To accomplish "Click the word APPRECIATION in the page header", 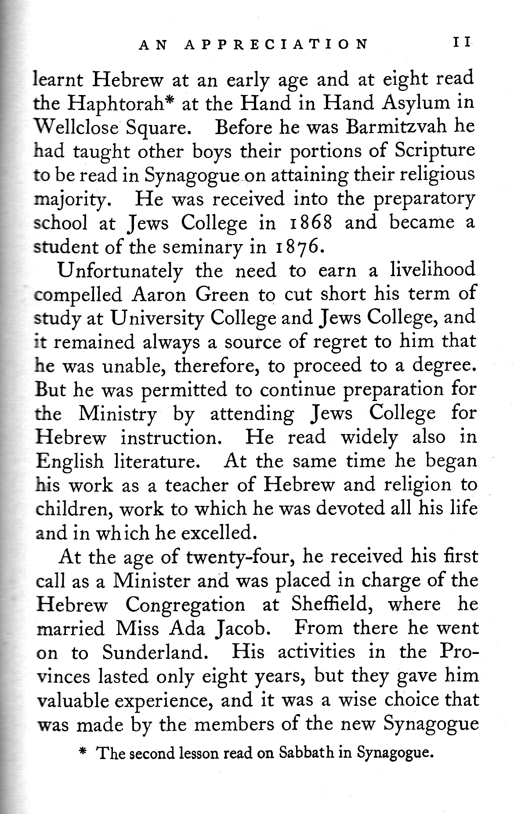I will [275, 44].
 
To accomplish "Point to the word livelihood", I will [433, 270].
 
